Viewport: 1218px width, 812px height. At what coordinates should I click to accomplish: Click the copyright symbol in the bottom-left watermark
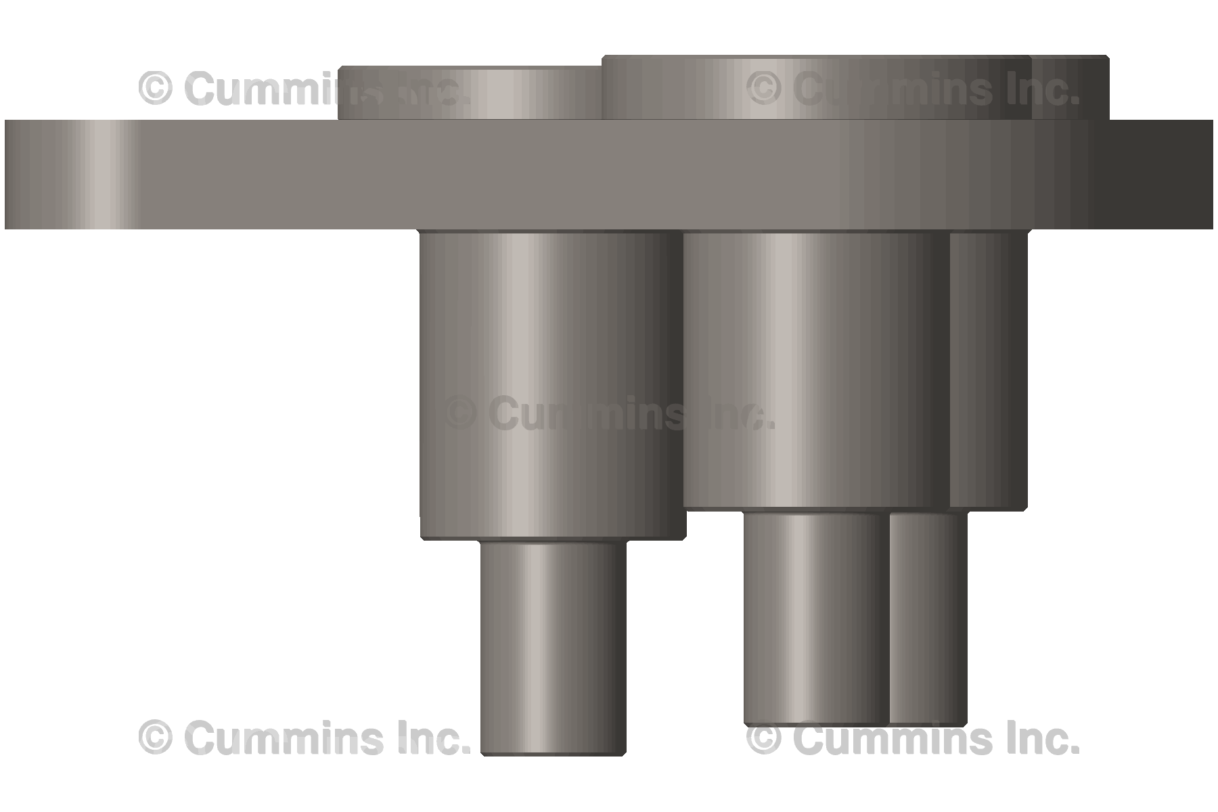point(156,738)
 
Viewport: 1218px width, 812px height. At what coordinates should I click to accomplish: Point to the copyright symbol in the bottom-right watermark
point(765,738)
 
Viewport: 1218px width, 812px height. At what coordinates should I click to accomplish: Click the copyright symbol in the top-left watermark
point(156,88)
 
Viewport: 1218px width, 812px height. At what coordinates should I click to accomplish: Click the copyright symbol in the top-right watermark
point(765,88)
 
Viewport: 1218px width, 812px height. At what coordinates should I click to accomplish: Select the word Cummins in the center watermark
point(582,413)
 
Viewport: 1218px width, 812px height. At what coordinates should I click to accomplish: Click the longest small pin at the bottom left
point(554,643)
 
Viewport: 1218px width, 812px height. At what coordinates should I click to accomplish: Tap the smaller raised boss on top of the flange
point(470,93)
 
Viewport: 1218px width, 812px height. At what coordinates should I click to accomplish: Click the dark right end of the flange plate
point(1164,175)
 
